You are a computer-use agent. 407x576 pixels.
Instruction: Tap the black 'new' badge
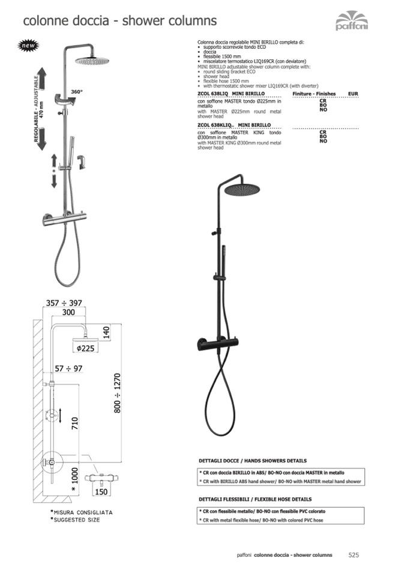tap(28, 46)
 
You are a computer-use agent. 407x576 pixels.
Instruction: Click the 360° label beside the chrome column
tap(76, 91)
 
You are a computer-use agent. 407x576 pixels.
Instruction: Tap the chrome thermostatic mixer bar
tap(62, 217)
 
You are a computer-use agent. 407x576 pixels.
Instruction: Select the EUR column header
tap(352, 94)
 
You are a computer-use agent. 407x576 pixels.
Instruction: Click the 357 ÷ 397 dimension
tap(64, 303)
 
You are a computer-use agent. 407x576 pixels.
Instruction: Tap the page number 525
tap(354, 555)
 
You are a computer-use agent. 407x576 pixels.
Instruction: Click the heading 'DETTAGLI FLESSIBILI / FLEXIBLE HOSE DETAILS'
tap(255, 499)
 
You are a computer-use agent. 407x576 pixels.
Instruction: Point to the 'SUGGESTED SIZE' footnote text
tap(77, 520)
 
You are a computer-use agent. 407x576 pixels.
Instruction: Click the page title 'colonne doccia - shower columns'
tap(119, 21)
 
